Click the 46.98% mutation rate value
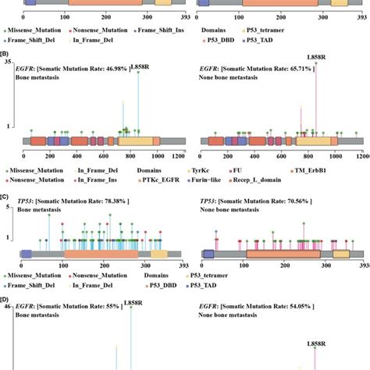coord(110,69)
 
